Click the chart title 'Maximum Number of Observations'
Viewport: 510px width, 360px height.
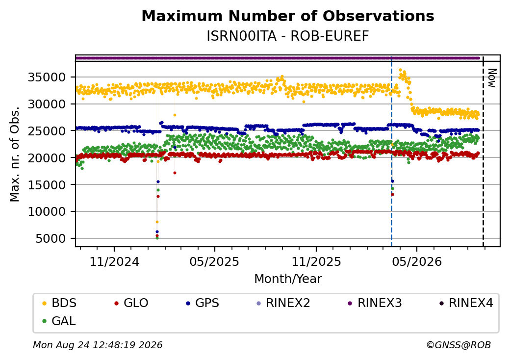[288, 16]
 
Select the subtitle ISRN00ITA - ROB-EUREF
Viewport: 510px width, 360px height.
[288, 36]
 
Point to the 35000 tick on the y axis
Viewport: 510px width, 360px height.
[47, 77]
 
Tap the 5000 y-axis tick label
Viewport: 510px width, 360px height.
[51, 239]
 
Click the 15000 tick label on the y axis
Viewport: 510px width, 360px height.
[47, 185]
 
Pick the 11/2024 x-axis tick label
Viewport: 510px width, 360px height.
[114, 262]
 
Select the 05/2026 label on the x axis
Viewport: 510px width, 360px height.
[417, 262]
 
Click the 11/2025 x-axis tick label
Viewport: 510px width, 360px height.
[316, 262]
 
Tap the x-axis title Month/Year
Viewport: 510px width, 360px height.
[288, 279]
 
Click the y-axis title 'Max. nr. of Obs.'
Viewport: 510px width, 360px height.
[15, 154]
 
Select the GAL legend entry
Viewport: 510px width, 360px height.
[59, 321]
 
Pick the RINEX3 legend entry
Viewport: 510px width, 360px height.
[375, 303]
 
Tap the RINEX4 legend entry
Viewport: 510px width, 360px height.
[466, 303]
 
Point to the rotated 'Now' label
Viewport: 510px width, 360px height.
[492, 78]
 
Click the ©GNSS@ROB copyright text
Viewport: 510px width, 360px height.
[459, 345]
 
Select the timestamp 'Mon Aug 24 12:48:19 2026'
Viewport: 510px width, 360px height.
[98, 345]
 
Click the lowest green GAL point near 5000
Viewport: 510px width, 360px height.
[157, 238]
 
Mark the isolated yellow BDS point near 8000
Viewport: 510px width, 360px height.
[157, 222]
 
